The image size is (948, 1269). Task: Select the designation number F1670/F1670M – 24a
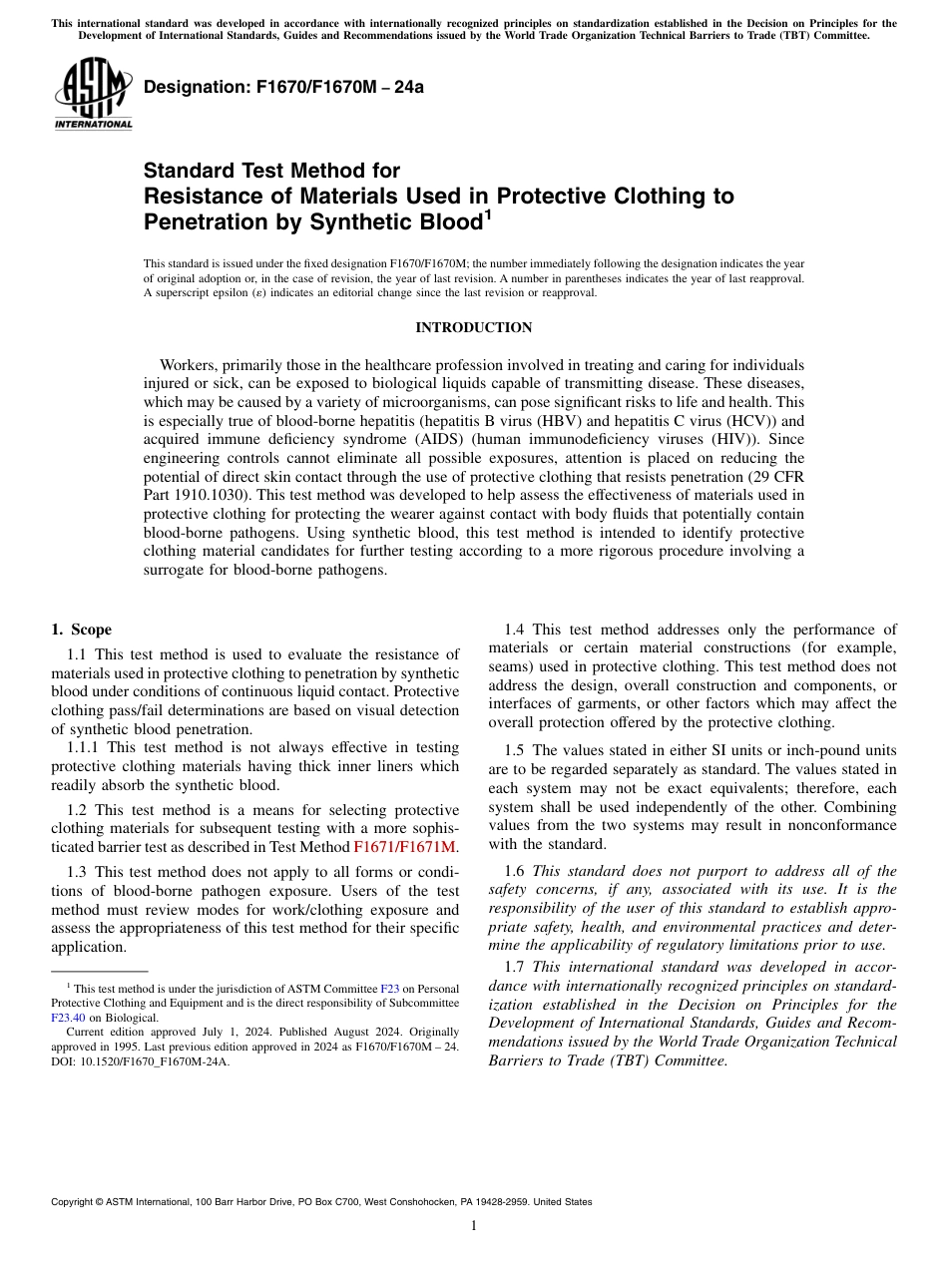283,87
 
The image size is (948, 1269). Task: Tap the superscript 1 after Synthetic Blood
488,213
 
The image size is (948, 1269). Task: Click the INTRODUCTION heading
473,327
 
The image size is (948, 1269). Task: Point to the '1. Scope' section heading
82,630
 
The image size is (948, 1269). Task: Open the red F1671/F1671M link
404,847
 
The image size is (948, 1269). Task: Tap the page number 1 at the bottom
474,1226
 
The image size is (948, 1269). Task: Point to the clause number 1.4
514,630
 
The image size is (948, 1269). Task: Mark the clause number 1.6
514,871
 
